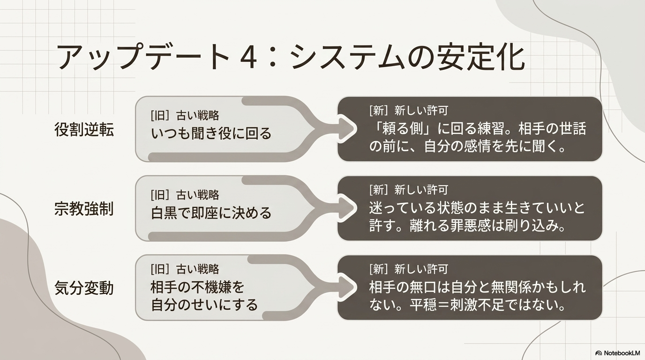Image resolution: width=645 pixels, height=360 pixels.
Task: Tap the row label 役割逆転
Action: click(x=84, y=129)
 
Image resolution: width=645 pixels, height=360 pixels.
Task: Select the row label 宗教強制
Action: click(x=84, y=209)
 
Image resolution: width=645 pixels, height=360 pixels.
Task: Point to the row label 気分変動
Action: click(x=84, y=288)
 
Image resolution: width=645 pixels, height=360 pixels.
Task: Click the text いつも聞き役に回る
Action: click(x=211, y=133)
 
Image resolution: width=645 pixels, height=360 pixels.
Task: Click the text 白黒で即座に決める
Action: click(x=211, y=213)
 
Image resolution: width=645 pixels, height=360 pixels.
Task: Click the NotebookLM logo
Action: click(x=617, y=353)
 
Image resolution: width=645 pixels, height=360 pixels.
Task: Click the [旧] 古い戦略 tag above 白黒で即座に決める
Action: click(x=185, y=195)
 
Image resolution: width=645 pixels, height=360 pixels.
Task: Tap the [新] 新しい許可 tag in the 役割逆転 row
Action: click(x=409, y=111)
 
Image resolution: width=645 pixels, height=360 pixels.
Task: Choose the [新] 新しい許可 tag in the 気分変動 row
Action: click(x=409, y=269)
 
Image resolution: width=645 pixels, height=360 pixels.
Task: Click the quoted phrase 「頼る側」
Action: click(x=402, y=129)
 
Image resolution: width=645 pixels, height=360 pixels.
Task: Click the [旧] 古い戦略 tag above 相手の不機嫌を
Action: click(x=185, y=269)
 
